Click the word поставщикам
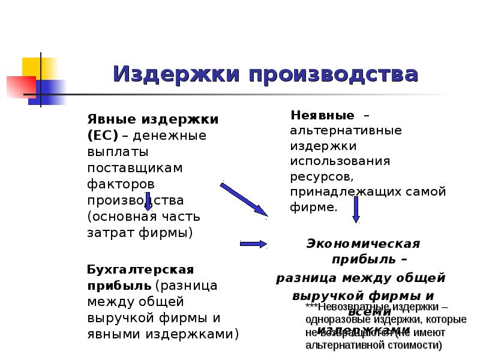(x=135, y=167)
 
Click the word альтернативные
(x=346, y=130)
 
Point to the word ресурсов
(x=318, y=178)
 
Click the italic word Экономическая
(x=363, y=244)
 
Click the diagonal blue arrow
(x=244, y=197)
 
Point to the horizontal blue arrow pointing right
(x=253, y=243)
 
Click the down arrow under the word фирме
(x=356, y=211)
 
